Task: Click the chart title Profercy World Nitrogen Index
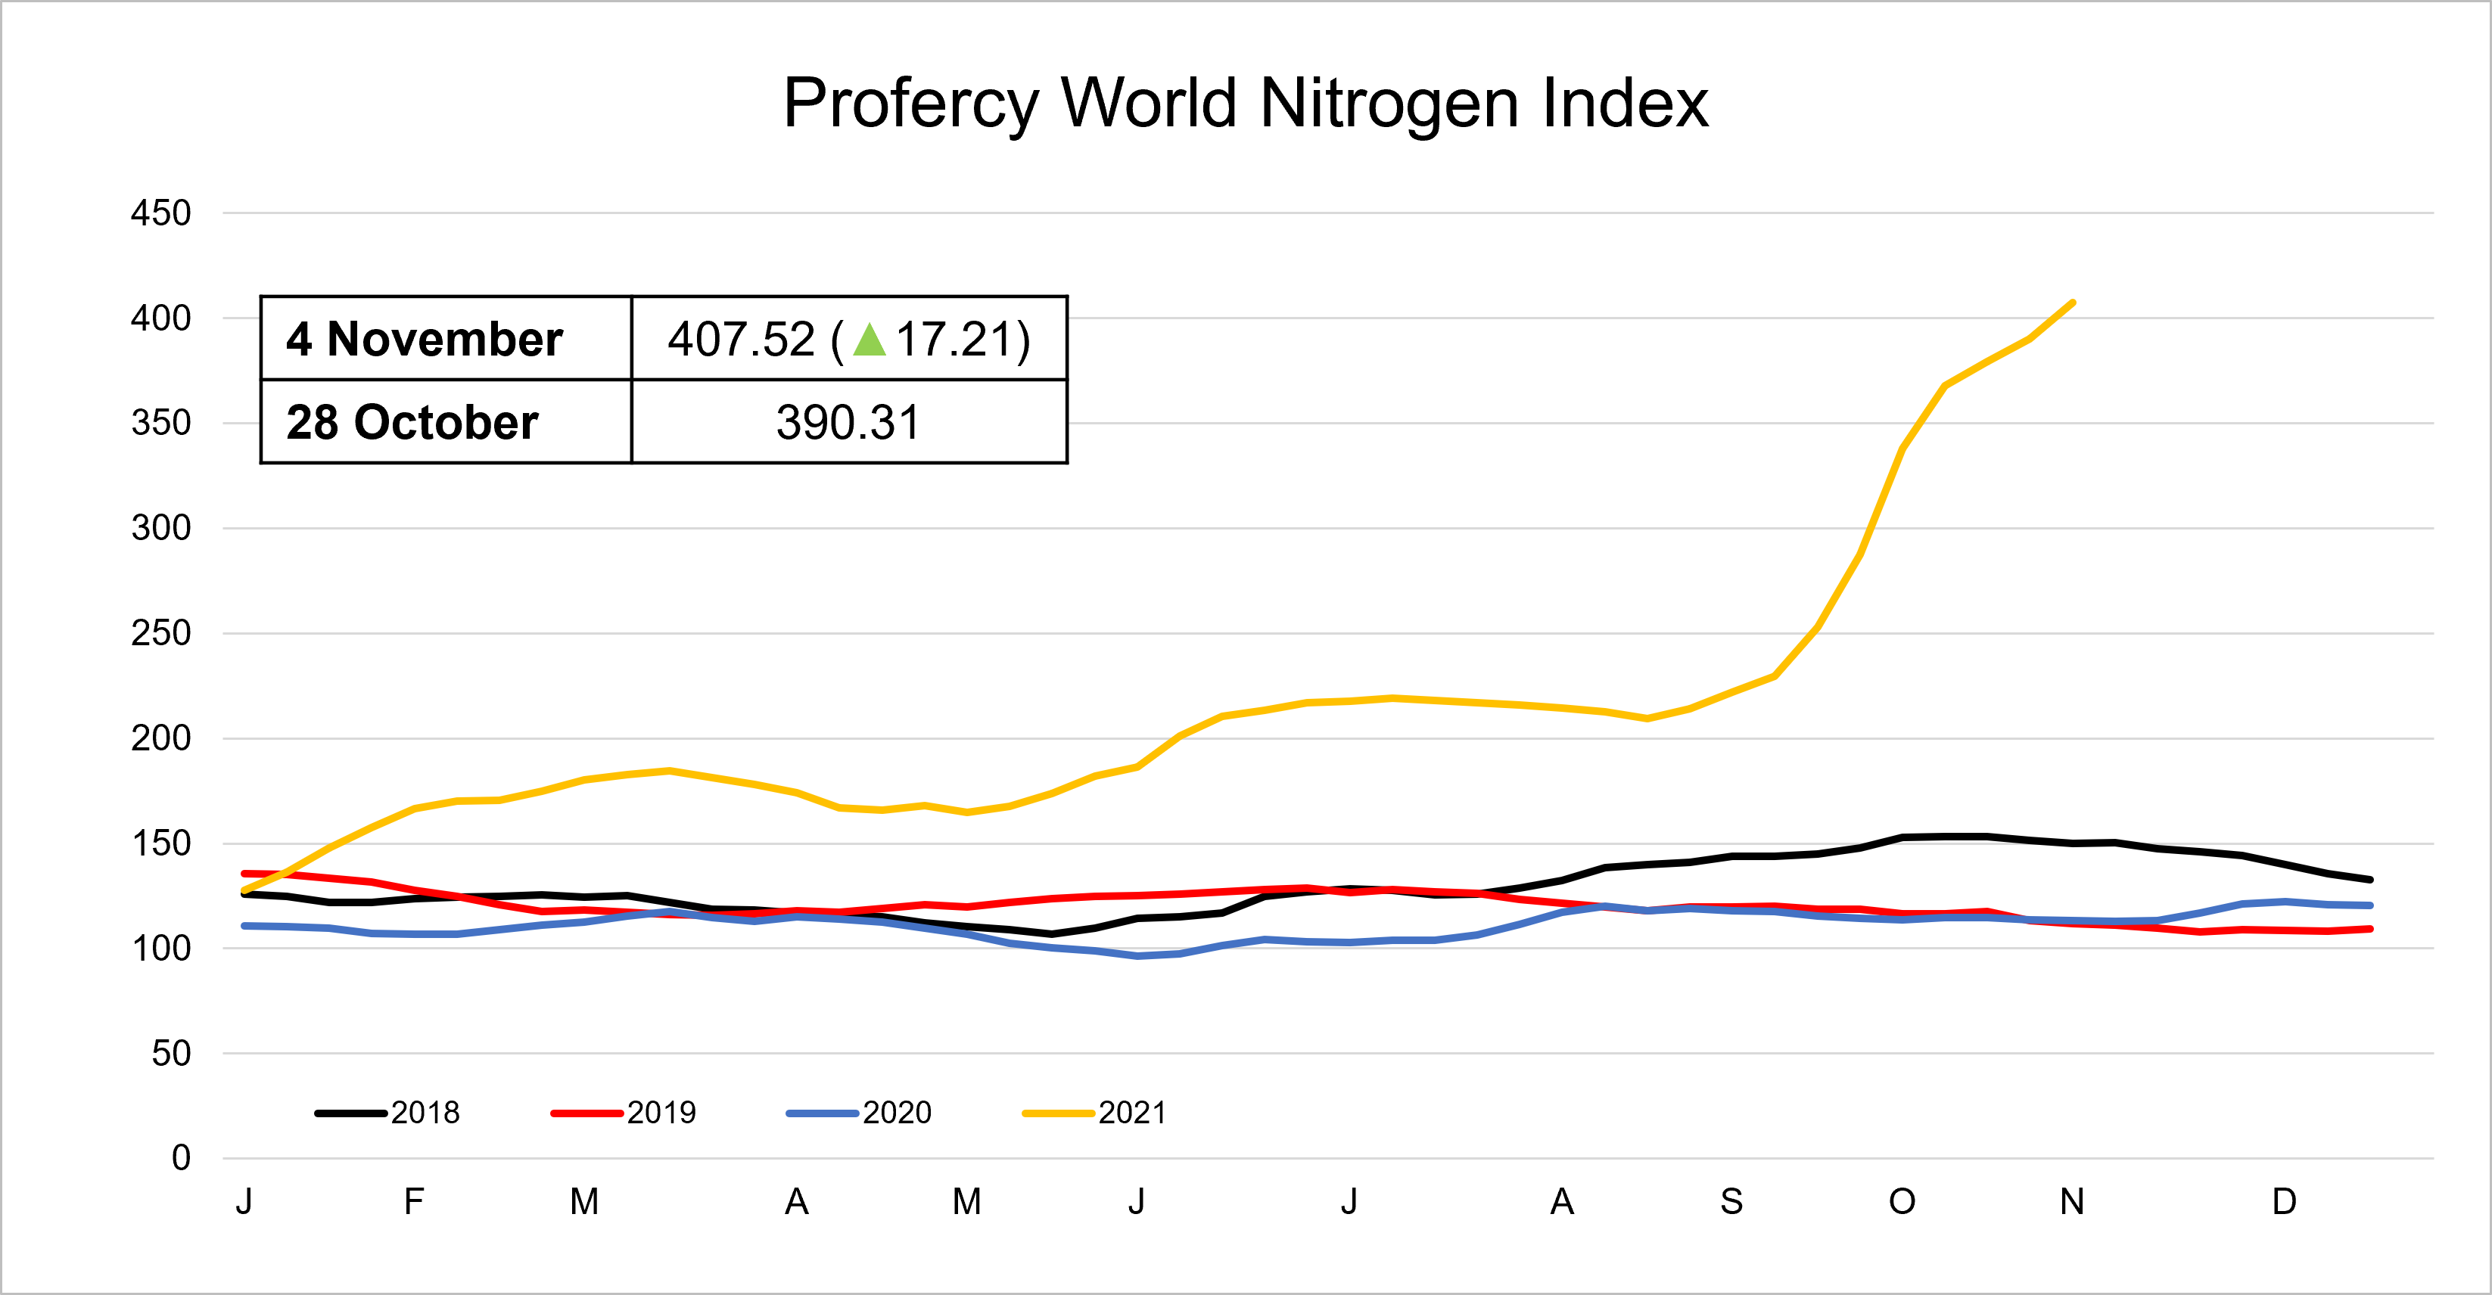pos(1245,104)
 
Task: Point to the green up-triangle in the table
pos(870,340)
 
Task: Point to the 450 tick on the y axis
pos(160,213)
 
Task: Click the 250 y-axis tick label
pos(160,633)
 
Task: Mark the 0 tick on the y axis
pos(181,1157)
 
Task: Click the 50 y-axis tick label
pos(171,1053)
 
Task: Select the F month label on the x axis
pos(414,1202)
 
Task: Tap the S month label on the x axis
pos(1731,1202)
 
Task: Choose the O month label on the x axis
pos(1902,1202)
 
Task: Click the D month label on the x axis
pos(2284,1202)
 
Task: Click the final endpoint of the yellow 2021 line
pos(2072,303)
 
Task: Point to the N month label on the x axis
pos(2072,1202)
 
